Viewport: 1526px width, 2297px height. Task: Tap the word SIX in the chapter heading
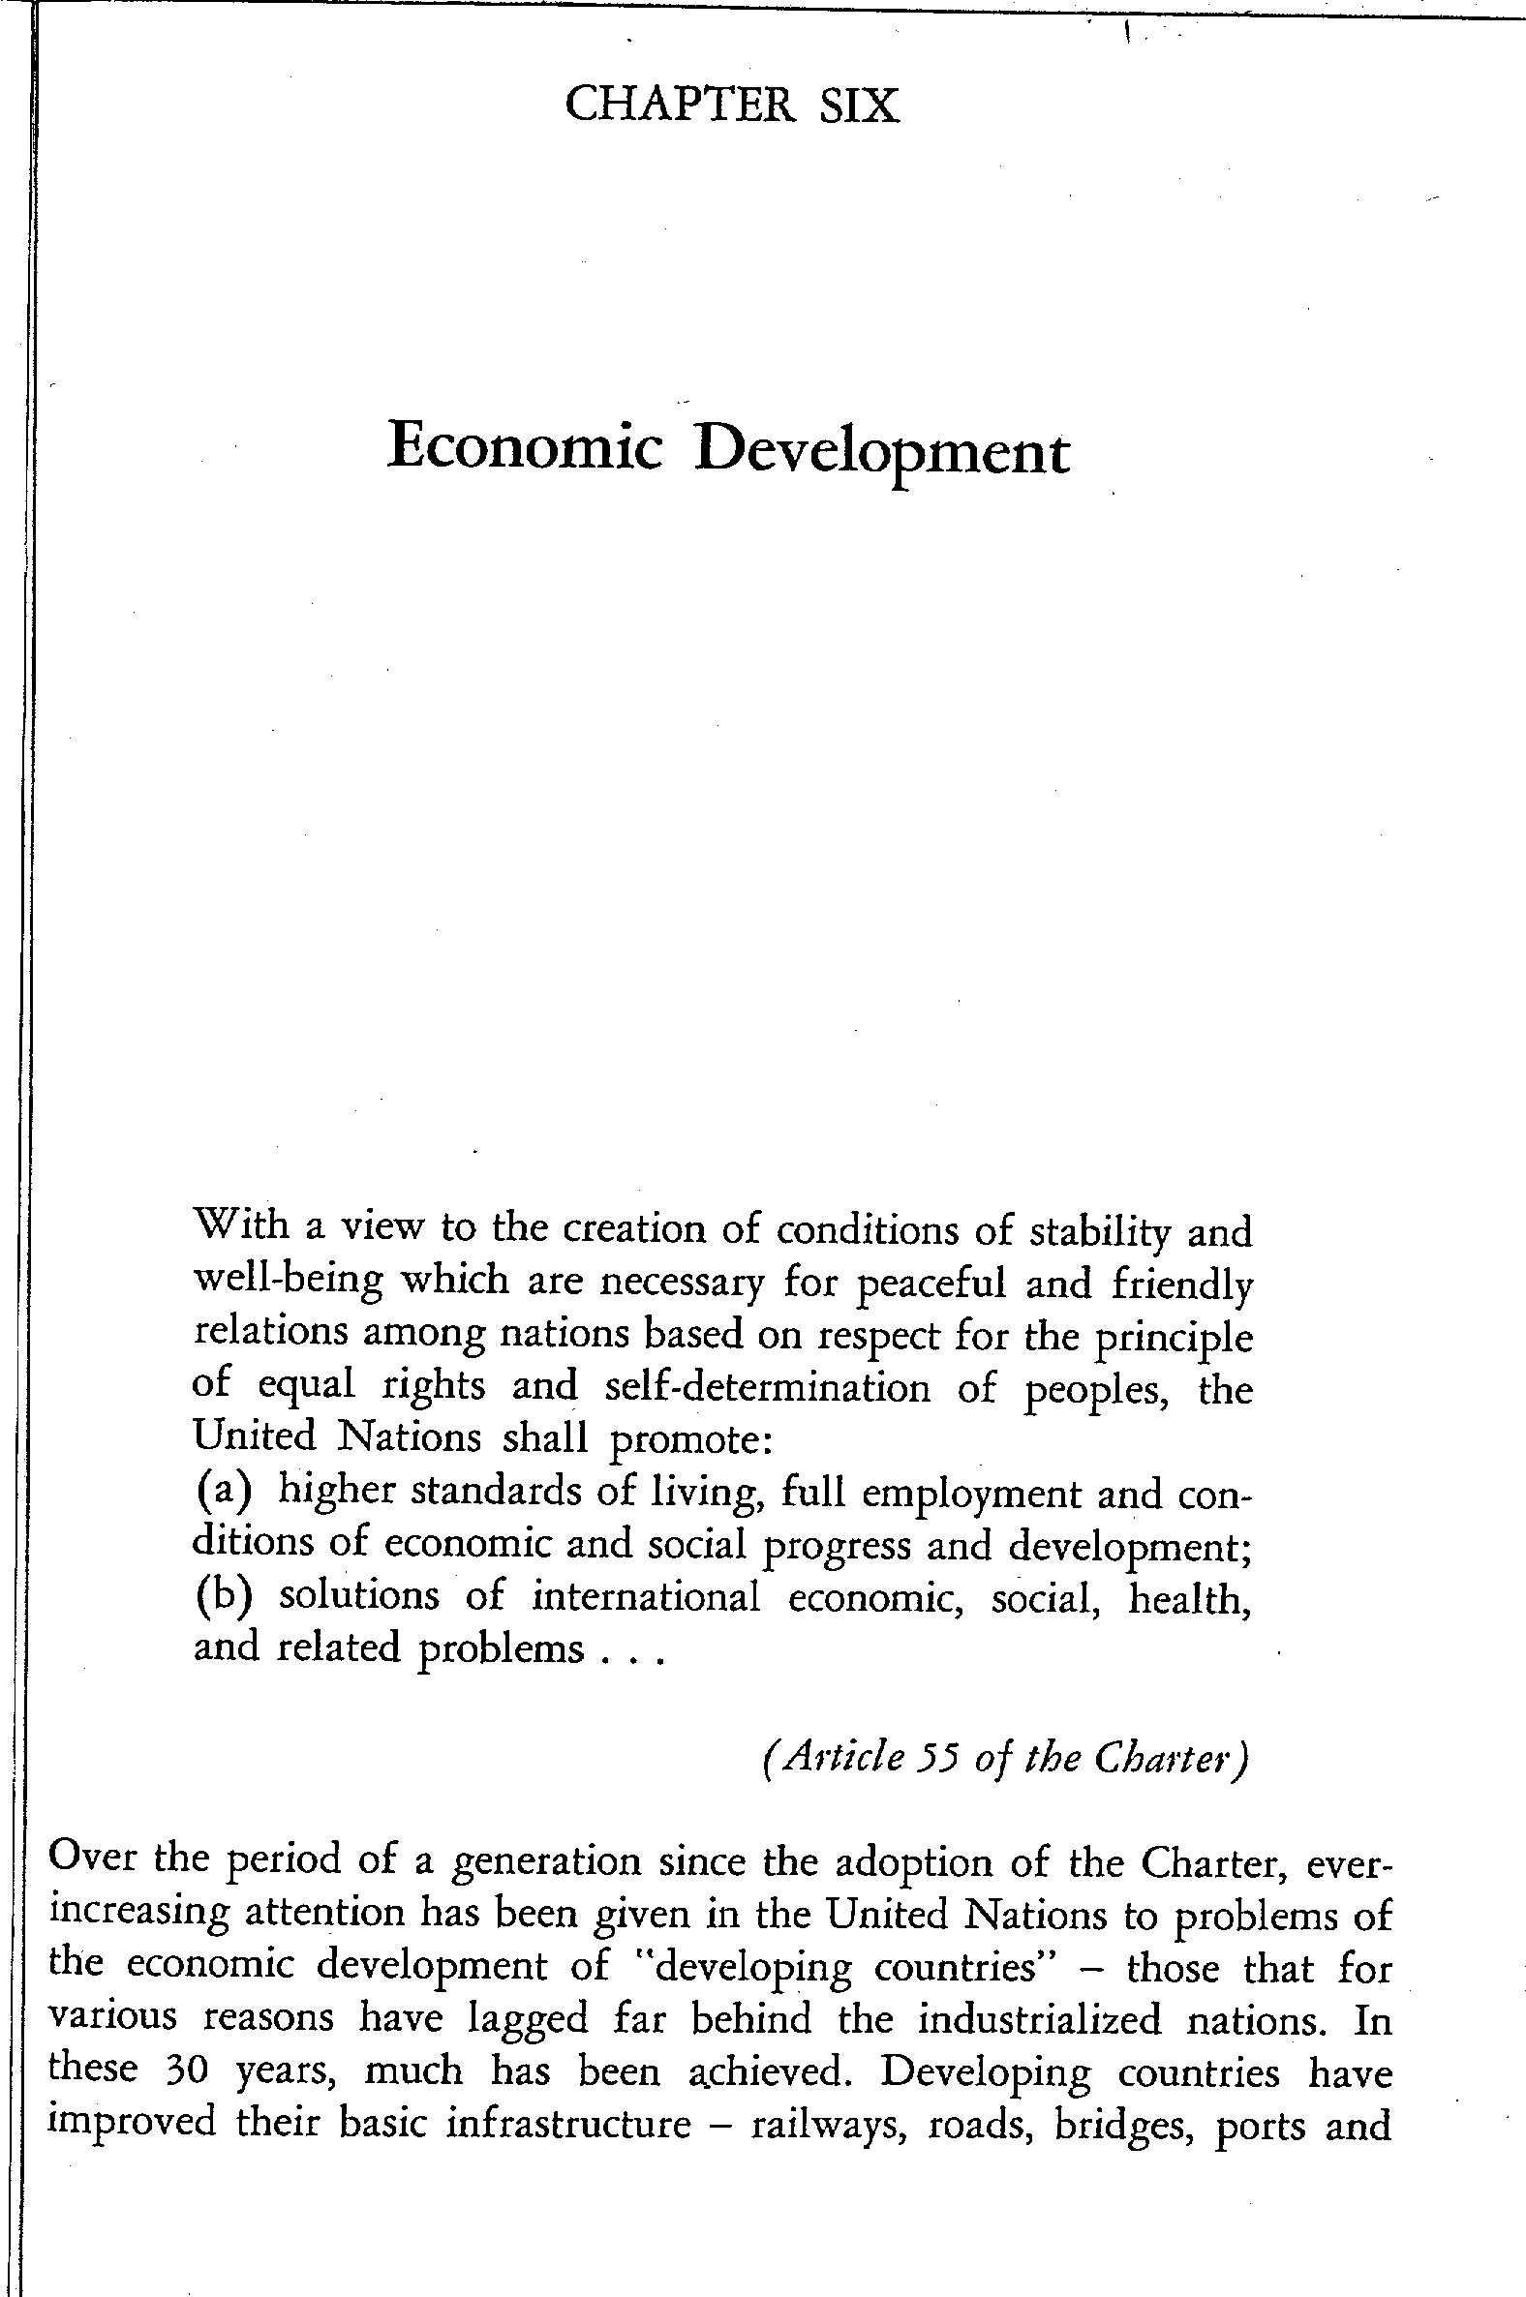point(860,106)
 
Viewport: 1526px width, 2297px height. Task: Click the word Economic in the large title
point(526,449)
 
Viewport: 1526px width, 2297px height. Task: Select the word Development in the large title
point(882,452)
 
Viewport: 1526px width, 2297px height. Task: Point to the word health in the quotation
point(1188,1597)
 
